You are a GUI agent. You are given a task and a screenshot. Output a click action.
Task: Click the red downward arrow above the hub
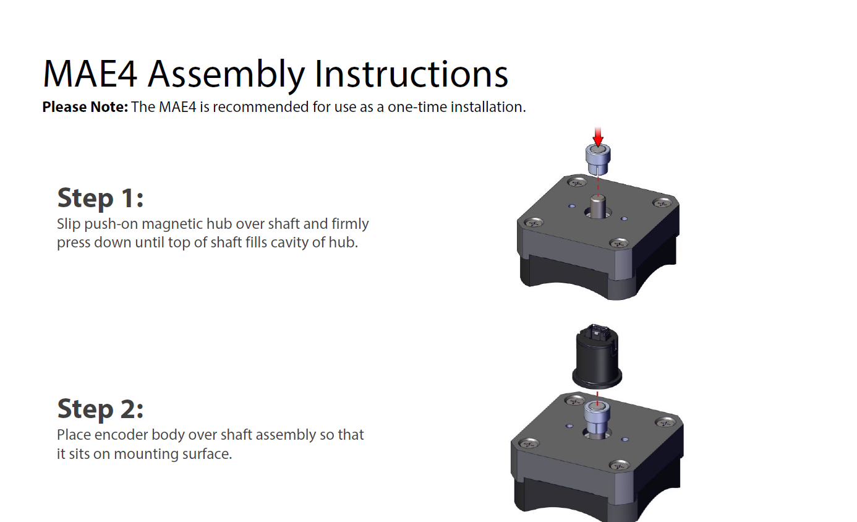(x=598, y=137)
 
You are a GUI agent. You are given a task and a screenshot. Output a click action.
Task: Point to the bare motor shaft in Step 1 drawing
(x=597, y=207)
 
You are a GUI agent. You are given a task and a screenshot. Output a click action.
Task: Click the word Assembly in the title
(x=226, y=74)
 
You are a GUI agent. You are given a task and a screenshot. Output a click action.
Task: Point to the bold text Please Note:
(x=85, y=107)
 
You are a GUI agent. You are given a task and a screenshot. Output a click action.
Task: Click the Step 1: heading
(x=100, y=198)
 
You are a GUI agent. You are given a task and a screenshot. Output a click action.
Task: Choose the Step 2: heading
(x=100, y=409)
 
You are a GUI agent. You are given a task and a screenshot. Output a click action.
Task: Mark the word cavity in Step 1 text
(x=286, y=242)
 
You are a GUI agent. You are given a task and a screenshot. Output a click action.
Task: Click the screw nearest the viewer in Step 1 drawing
(x=618, y=243)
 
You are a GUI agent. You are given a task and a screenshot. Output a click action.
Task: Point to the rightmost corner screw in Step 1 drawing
(x=662, y=202)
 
